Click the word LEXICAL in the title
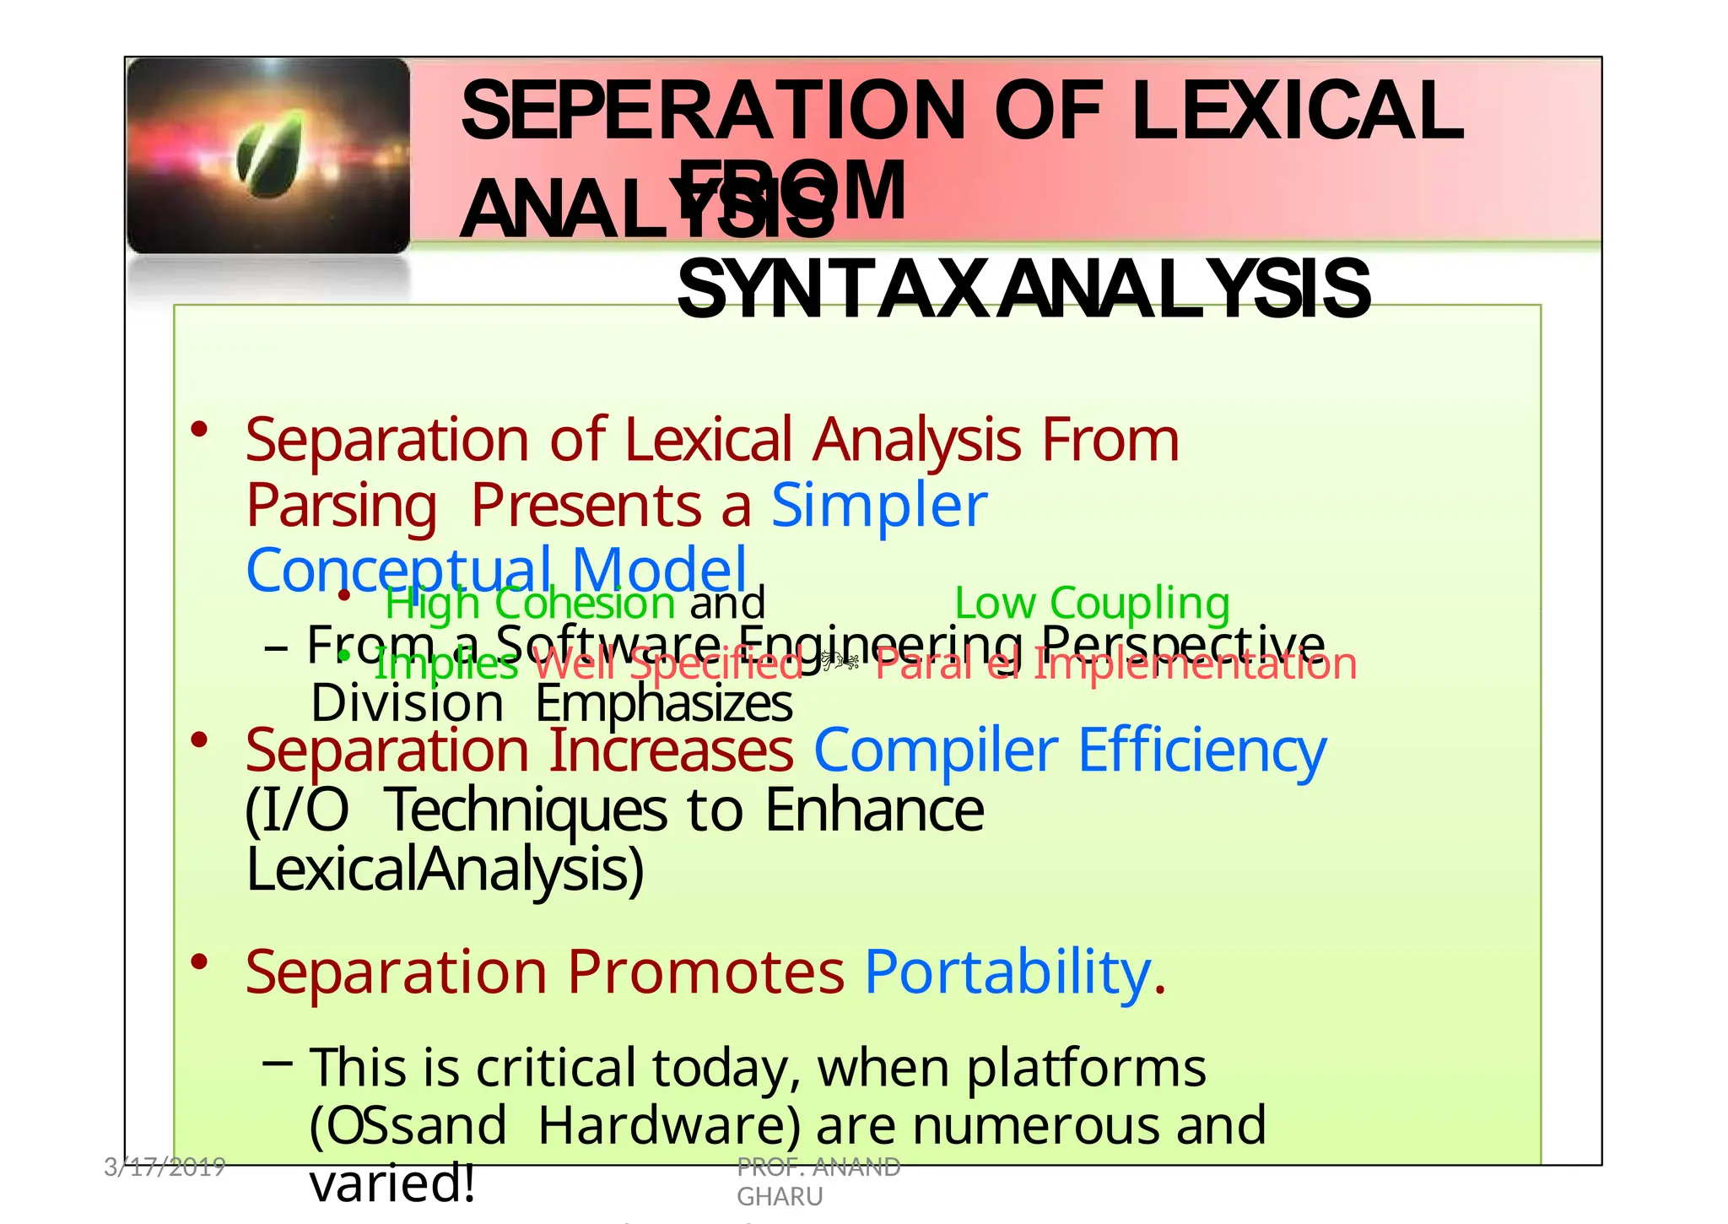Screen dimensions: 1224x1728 point(1297,111)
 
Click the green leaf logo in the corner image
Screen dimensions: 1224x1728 point(269,154)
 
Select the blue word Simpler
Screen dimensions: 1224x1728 point(878,505)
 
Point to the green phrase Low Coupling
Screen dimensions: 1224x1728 point(1092,603)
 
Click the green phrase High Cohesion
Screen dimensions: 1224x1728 point(530,603)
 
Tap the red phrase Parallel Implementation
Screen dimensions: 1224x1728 point(1115,664)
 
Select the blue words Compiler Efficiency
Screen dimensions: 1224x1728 point(1069,750)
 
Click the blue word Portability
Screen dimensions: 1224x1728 point(1008,972)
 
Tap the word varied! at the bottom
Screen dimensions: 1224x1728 point(392,1183)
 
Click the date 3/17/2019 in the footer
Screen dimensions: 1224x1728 point(165,1167)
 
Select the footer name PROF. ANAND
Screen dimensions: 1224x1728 point(818,1167)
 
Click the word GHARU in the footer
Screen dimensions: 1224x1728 point(780,1196)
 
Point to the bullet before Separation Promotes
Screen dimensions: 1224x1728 point(199,961)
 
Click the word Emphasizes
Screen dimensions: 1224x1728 point(663,703)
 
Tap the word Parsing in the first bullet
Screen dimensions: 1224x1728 point(341,505)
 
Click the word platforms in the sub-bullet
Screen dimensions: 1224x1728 point(1086,1068)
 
